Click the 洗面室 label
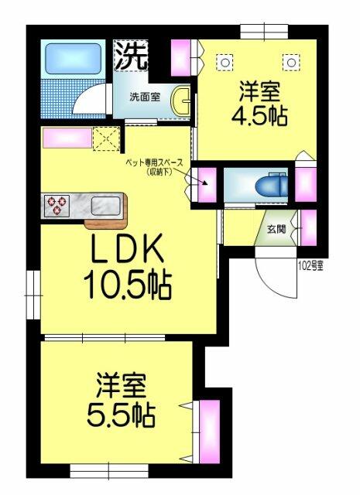click(144, 98)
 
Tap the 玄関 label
click(276, 229)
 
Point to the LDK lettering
click(128, 252)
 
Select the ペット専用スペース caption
click(156, 167)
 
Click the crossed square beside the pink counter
click(104, 138)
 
